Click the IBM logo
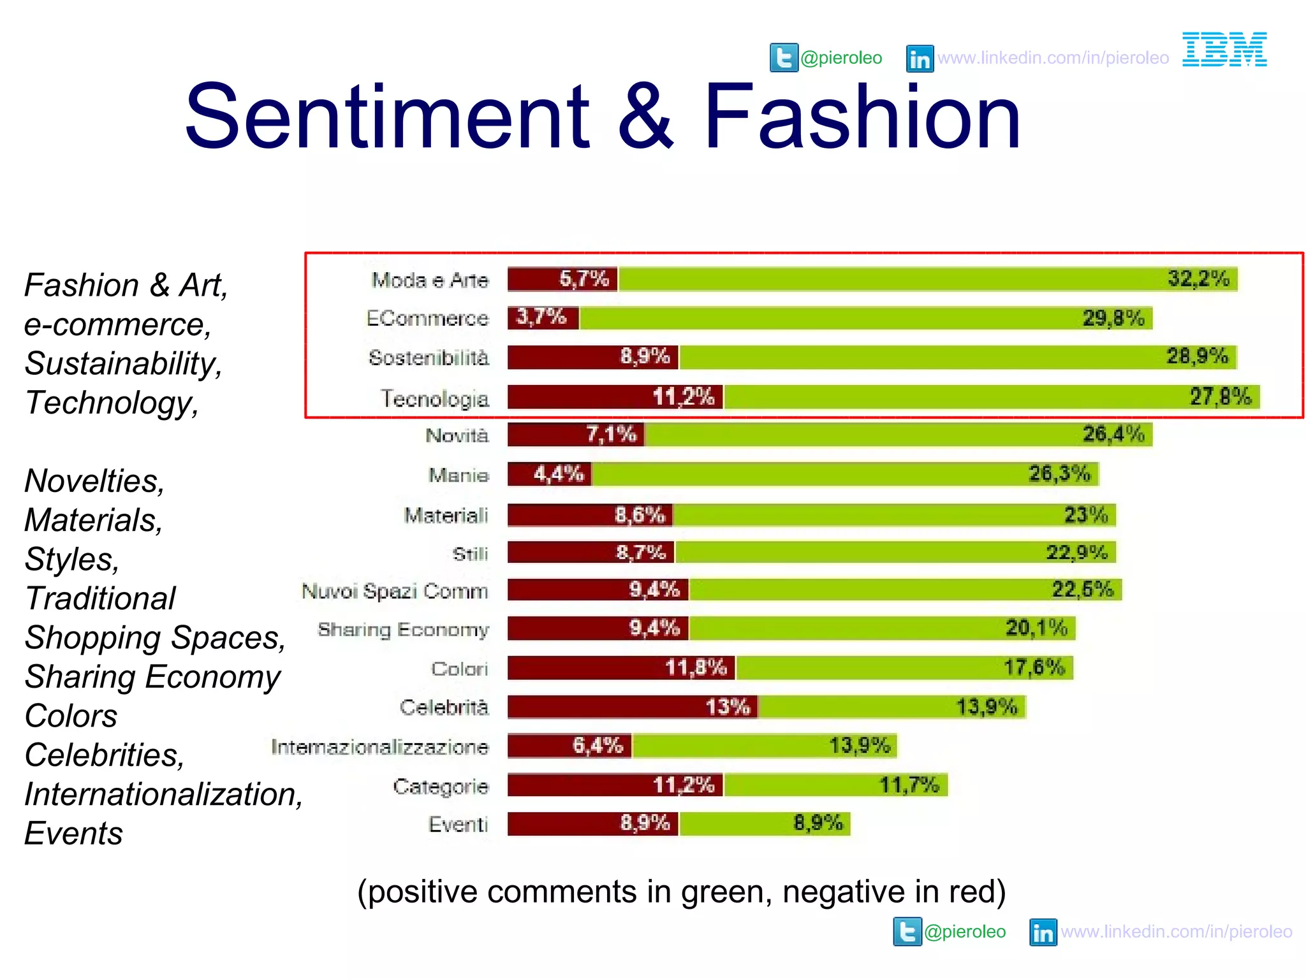(x=1224, y=49)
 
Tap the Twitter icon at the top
(x=784, y=58)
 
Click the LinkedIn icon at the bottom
(x=1043, y=932)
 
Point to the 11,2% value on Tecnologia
(x=683, y=397)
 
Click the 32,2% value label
(x=1198, y=279)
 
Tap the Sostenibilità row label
(x=429, y=358)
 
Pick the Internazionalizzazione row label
(x=379, y=746)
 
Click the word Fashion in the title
(x=862, y=116)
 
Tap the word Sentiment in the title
(x=387, y=116)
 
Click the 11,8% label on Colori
(x=696, y=667)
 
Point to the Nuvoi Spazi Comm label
(x=395, y=591)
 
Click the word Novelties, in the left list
(x=94, y=481)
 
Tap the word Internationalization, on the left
(x=163, y=794)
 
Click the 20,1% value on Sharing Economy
(x=1036, y=628)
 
